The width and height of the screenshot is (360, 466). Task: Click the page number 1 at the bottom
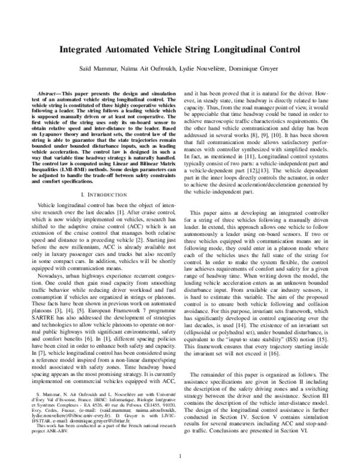click(180, 457)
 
